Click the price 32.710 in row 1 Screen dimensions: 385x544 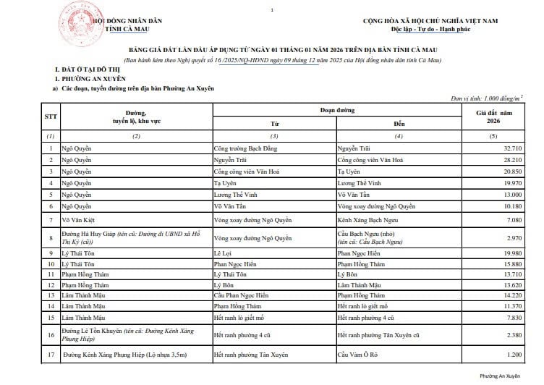pyautogui.click(x=510, y=148)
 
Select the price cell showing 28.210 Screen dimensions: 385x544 pyautogui.click(x=510, y=159)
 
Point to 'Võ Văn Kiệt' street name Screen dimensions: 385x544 pyautogui.click(x=79, y=219)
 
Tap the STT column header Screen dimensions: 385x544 pyautogui.click(x=51, y=116)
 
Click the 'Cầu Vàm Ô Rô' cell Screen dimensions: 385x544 pyautogui.click(x=360, y=355)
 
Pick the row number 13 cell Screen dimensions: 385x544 pyautogui.click(x=51, y=285)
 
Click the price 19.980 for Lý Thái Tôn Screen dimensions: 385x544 pyautogui.click(x=510, y=253)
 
